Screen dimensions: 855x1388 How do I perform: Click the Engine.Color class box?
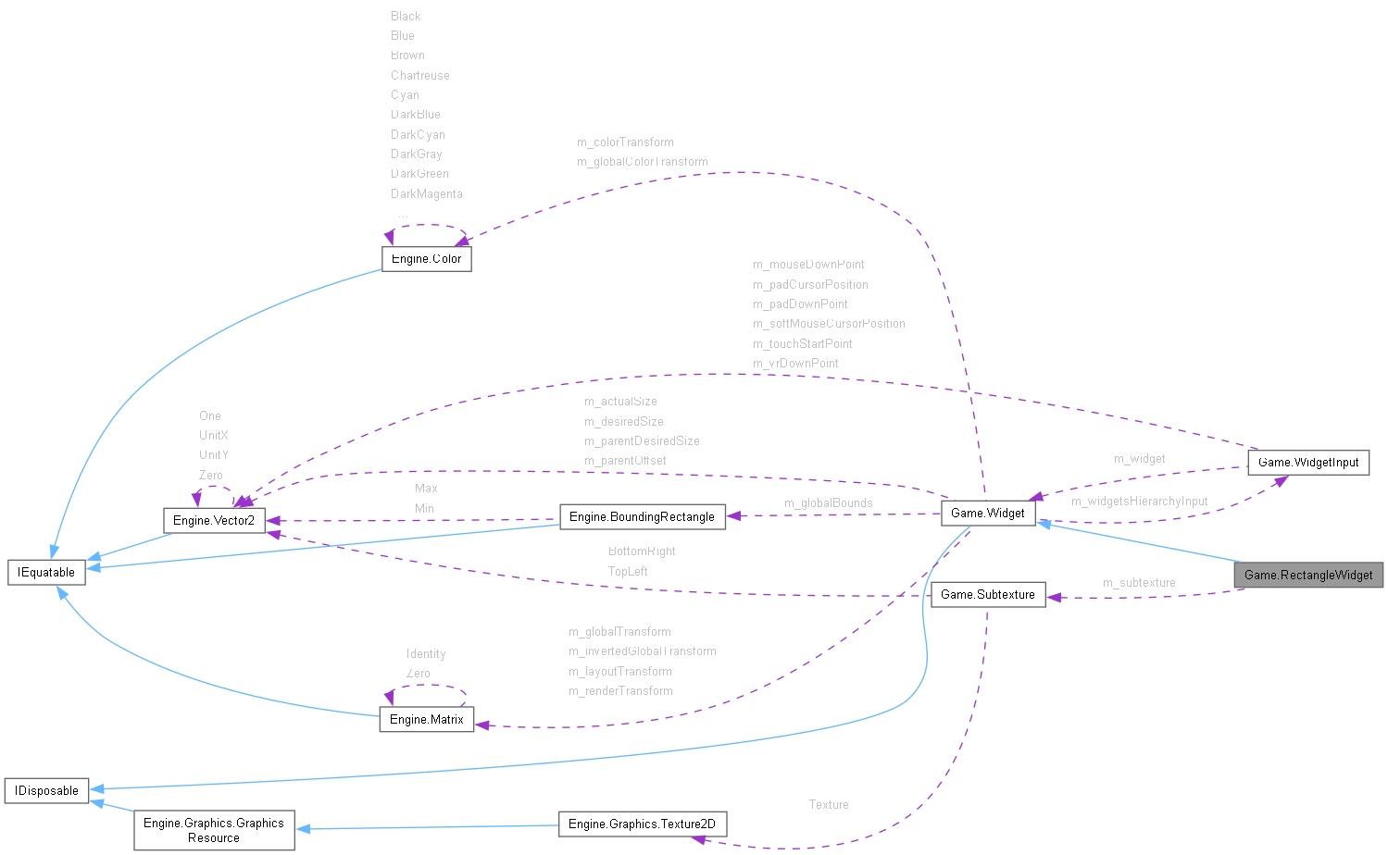point(426,258)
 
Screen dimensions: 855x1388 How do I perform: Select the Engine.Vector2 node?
point(214,520)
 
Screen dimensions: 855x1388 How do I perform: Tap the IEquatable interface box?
point(46,572)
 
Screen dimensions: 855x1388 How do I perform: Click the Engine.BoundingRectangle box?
point(642,516)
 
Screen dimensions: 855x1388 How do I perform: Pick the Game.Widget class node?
point(987,513)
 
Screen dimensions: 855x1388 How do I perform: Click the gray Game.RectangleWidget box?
point(1308,575)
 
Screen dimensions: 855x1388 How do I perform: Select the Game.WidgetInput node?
point(1307,462)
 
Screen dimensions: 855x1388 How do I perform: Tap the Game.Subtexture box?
point(987,594)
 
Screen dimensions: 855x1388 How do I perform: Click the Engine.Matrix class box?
point(426,719)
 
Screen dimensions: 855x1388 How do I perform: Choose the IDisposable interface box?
point(46,790)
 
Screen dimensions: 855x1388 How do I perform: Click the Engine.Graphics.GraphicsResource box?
point(214,830)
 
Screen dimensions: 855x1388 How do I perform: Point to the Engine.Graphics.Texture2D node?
point(642,824)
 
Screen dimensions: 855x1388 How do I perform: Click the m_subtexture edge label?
point(1139,583)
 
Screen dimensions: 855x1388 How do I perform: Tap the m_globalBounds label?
point(828,503)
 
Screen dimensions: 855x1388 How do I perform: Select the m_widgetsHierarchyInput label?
point(1139,502)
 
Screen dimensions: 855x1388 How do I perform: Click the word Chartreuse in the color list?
point(419,76)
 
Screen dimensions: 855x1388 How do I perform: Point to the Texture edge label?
point(828,805)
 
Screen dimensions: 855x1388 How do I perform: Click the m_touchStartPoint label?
point(802,344)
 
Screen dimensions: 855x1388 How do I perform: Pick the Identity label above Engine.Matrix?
point(426,654)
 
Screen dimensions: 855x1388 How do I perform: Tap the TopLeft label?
point(627,572)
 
